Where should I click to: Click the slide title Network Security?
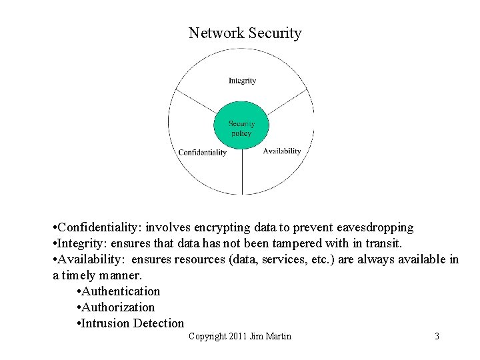(x=245, y=33)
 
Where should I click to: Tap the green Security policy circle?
(x=241, y=128)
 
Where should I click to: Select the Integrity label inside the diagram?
(x=242, y=81)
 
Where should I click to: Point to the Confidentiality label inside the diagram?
(x=202, y=153)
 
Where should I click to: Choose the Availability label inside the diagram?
(x=282, y=151)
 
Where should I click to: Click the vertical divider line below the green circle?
(x=241, y=173)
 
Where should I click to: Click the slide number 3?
(x=437, y=336)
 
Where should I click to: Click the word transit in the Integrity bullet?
(x=383, y=243)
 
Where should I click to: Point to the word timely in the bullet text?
(x=83, y=275)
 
